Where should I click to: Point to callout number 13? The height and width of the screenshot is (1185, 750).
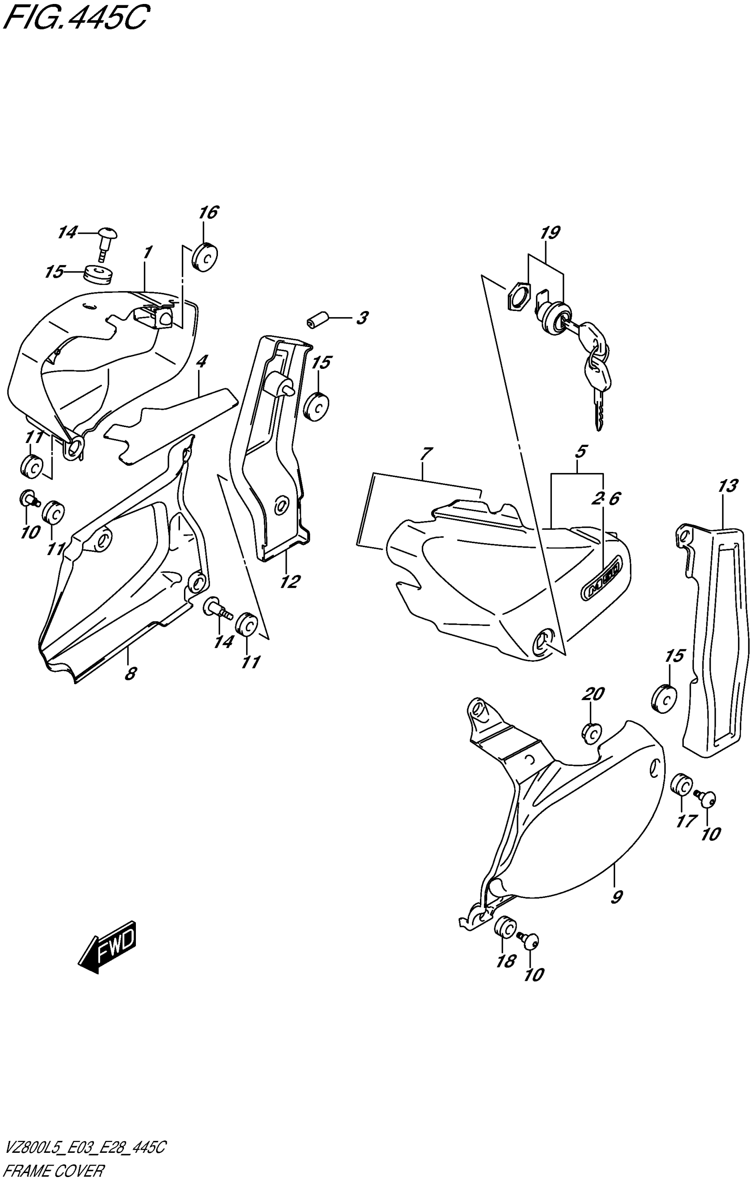(x=727, y=486)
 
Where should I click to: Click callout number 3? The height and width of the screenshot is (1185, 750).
(x=362, y=318)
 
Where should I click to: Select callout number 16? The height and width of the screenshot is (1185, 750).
(x=208, y=213)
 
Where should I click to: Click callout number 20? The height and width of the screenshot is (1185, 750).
(x=593, y=694)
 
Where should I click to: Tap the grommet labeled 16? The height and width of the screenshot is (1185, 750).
(x=204, y=257)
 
